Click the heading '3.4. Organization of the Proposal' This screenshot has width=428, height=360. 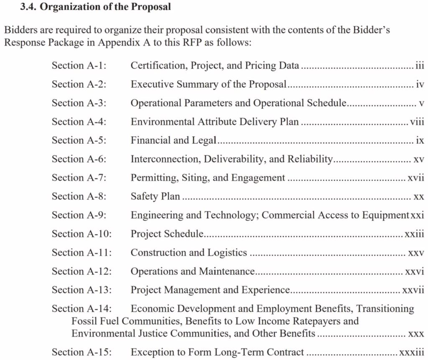[x=95, y=7]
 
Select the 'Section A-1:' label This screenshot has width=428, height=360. [x=79, y=66]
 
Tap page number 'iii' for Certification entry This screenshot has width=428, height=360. [x=420, y=66]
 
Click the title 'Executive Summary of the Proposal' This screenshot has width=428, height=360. [x=209, y=84]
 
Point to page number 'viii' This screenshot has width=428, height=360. [x=417, y=122]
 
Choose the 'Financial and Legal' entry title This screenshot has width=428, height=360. [x=173, y=141]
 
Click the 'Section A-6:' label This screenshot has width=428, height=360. [x=79, y=159]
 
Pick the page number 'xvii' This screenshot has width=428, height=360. [x=416, y=178]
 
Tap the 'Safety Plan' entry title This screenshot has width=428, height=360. [x=155, y=197]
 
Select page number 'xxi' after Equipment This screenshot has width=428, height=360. [x=417, y=215]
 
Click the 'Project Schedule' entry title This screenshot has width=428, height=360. [x=167, y=234]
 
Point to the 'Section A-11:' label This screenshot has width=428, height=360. [x=82, y=253]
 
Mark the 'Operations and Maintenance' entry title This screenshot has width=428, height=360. [x=193, y=271]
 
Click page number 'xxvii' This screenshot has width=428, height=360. [x=413, y=290]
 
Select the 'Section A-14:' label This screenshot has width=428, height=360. [x=82, y=309]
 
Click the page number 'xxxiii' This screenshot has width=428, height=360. [x=412, y=352]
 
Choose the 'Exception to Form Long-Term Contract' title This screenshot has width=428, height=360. [x=217, y=352]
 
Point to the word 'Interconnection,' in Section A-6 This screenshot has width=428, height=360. [x=160, y=159]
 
